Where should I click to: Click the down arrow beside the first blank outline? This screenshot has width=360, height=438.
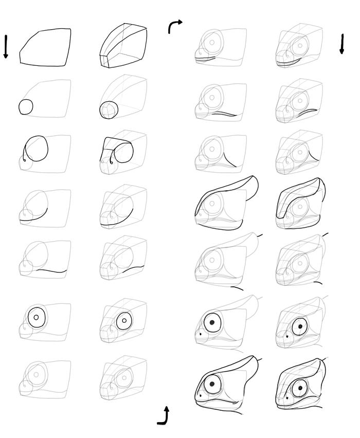pyautogui.click(x=6, y=47)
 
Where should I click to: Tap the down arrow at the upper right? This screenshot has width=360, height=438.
pyautogui.click(x=341, y=44)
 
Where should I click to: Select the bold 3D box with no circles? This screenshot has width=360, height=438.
pyautogui.click(x=123, y=46)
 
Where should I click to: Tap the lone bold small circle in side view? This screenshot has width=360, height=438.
pyautogui.click(x=26, y=107)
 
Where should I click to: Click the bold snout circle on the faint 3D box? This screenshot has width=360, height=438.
pyautogui.click(x=109, y=109)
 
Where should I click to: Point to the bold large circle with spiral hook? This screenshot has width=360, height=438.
pyautogui.click(x=36, y=149)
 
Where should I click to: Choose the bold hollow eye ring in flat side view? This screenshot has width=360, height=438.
pyautogui.click(x=36, y=317)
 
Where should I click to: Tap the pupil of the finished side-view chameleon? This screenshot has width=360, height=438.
pyautogui.click(x=212, y=384)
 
